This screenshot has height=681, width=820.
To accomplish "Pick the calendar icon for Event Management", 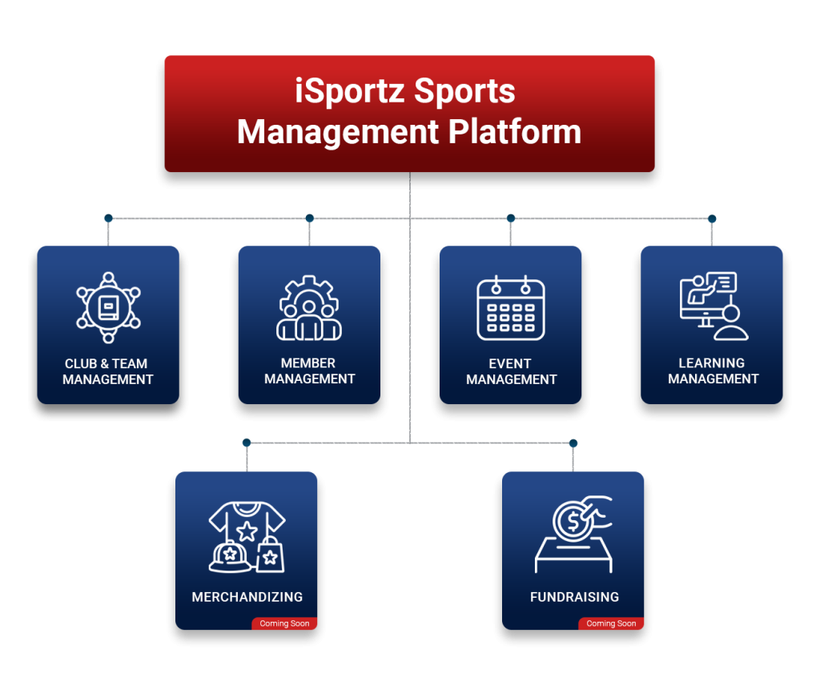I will (x=511, y=308).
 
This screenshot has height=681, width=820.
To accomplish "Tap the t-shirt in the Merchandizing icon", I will (x=247, y=528).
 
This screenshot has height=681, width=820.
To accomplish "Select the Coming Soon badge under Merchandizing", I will (x=284, y=623).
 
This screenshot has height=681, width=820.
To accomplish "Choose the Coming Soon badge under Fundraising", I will (x=611, y=623).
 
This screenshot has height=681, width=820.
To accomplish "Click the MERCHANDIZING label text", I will (x=247, y=597).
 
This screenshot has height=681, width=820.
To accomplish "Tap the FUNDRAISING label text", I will (x=574, y=597).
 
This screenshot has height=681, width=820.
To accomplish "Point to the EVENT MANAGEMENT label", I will (x=511, y=371).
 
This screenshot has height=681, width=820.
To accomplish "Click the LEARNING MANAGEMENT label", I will (x=713, y=371).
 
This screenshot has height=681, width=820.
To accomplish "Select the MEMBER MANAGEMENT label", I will (x=309, y=371).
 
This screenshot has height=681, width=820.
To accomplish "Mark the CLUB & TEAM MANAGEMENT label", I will (x=108, y=371).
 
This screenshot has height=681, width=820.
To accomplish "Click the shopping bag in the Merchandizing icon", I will (x=270, y=554).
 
